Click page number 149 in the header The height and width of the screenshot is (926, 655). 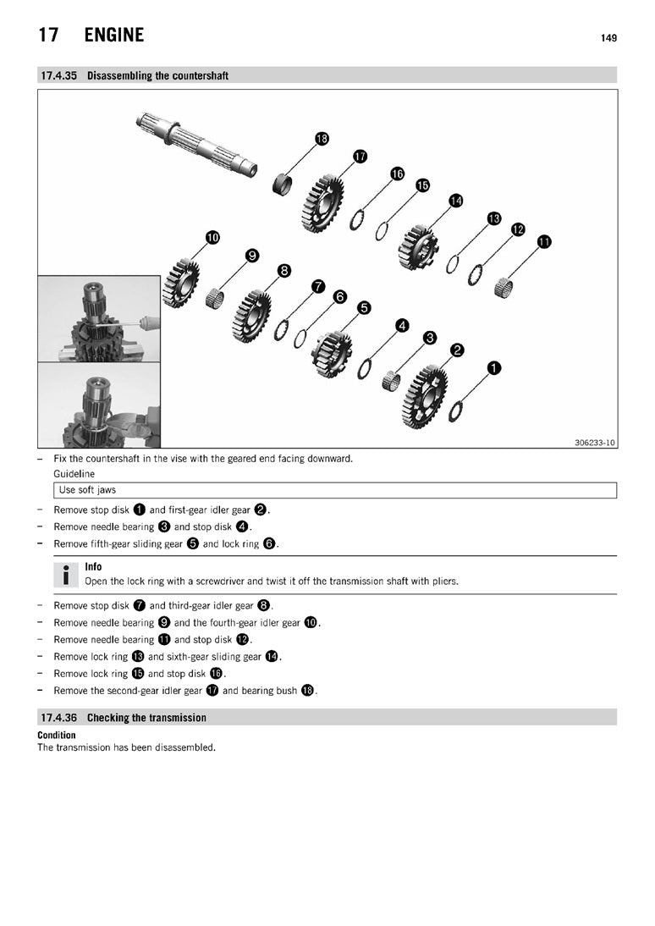(x=608, y=38)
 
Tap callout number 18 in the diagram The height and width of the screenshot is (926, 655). (x=322, y=138)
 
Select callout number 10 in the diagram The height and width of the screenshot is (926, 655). (x=212, y=237)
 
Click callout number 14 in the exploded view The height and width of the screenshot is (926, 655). (x=456, y=201)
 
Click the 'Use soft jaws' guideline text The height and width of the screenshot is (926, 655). (x=87, y=490)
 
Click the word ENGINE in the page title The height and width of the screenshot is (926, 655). (x=114, y=36)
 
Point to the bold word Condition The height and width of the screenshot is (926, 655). (x=57, y=736)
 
